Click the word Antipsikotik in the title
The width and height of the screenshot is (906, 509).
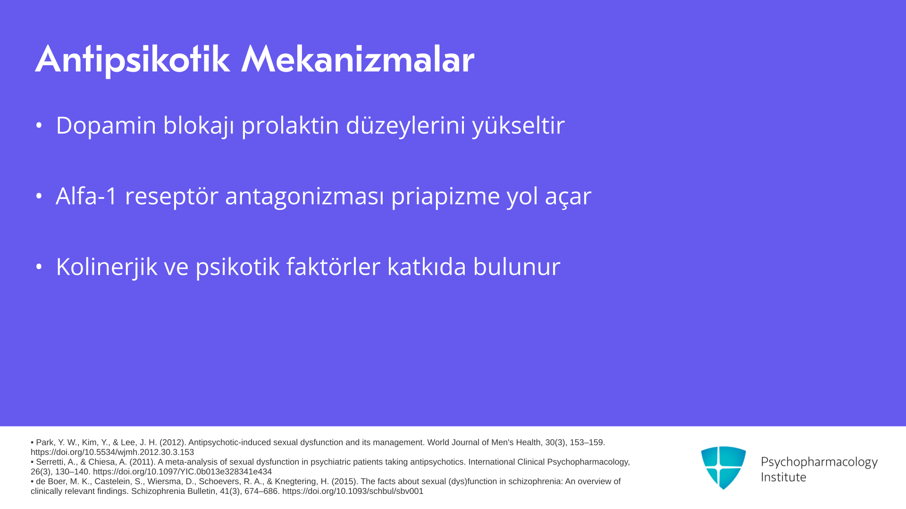point(133,60)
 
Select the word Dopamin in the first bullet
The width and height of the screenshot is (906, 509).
point(106,126)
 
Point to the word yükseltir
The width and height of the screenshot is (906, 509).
point(519,126)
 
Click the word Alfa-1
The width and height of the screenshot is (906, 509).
point(86,196)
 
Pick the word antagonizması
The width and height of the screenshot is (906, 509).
point(304,197)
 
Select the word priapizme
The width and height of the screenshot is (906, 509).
point(445,197)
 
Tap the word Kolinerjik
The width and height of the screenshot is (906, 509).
point(107,267)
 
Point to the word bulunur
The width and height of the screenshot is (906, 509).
point(517,266)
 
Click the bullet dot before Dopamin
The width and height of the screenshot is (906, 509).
point(39,125)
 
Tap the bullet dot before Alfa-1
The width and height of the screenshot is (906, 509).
point(39,196)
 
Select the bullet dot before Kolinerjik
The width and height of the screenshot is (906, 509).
point(39,267)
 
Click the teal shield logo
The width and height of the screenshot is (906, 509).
point(723,468)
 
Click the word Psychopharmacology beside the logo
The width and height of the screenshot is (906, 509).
point(819,462)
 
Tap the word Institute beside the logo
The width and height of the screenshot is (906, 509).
point(783,477)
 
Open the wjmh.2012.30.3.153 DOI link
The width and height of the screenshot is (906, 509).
point(112,452)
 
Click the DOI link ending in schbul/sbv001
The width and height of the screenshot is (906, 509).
point(353,491)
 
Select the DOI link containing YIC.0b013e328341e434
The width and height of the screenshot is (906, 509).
point(182,472)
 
